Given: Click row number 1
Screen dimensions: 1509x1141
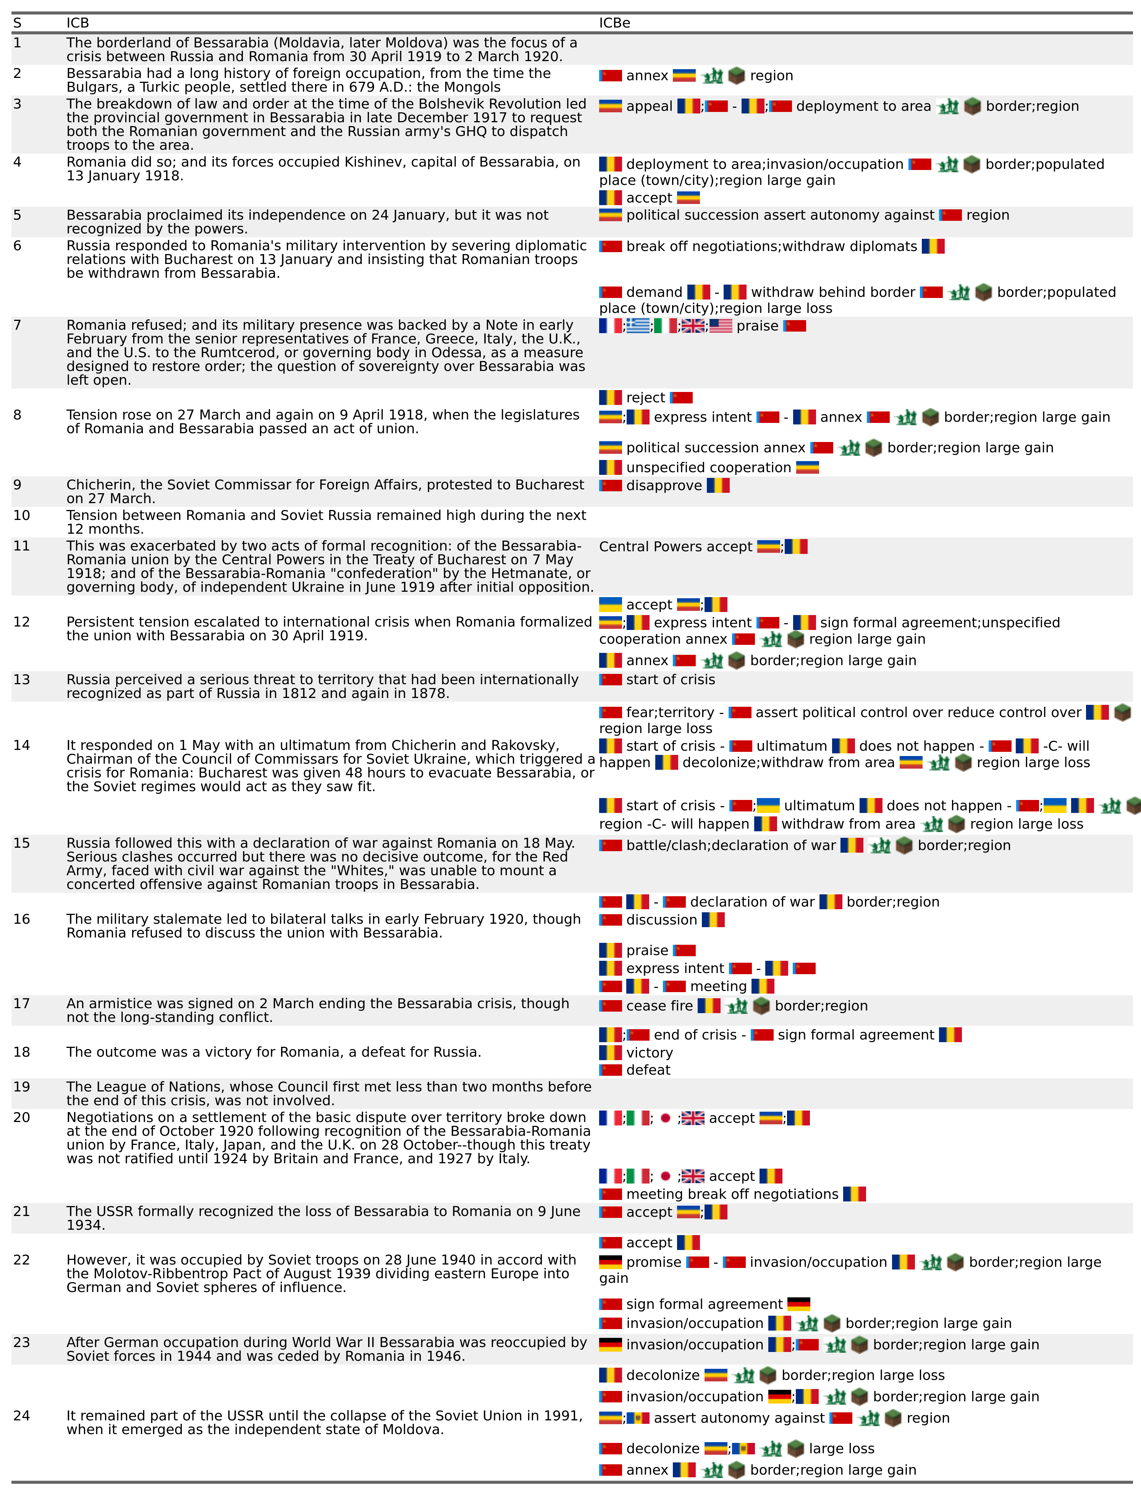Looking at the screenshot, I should pos(18,43).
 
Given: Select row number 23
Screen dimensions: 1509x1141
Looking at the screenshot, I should pos(22,1342).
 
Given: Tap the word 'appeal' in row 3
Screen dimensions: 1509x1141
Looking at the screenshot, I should pos(649,107).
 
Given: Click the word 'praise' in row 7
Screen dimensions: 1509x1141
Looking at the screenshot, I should pos(757,326).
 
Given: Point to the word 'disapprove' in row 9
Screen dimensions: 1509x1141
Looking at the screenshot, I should pos(664,486).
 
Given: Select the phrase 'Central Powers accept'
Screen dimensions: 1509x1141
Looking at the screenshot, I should pos(675,546).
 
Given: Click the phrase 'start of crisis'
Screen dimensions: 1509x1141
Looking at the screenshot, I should pos(671,680).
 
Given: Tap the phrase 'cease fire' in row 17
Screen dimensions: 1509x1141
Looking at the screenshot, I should pos(659,1005).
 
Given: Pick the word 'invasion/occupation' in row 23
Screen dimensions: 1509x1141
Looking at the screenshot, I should pos(694,1345).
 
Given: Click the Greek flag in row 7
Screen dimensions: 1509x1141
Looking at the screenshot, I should pos(638,326).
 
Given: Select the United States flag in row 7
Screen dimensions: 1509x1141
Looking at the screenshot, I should pos(721,326).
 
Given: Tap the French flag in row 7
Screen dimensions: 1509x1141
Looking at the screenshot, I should pos(610,326).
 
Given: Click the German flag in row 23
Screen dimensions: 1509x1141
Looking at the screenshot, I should pos(610,1345).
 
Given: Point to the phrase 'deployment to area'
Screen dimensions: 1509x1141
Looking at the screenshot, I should pos(863,107).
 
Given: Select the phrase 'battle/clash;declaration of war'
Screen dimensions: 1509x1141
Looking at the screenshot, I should pos(730,845).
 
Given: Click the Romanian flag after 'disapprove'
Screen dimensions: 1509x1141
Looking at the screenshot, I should pos(718,486).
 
